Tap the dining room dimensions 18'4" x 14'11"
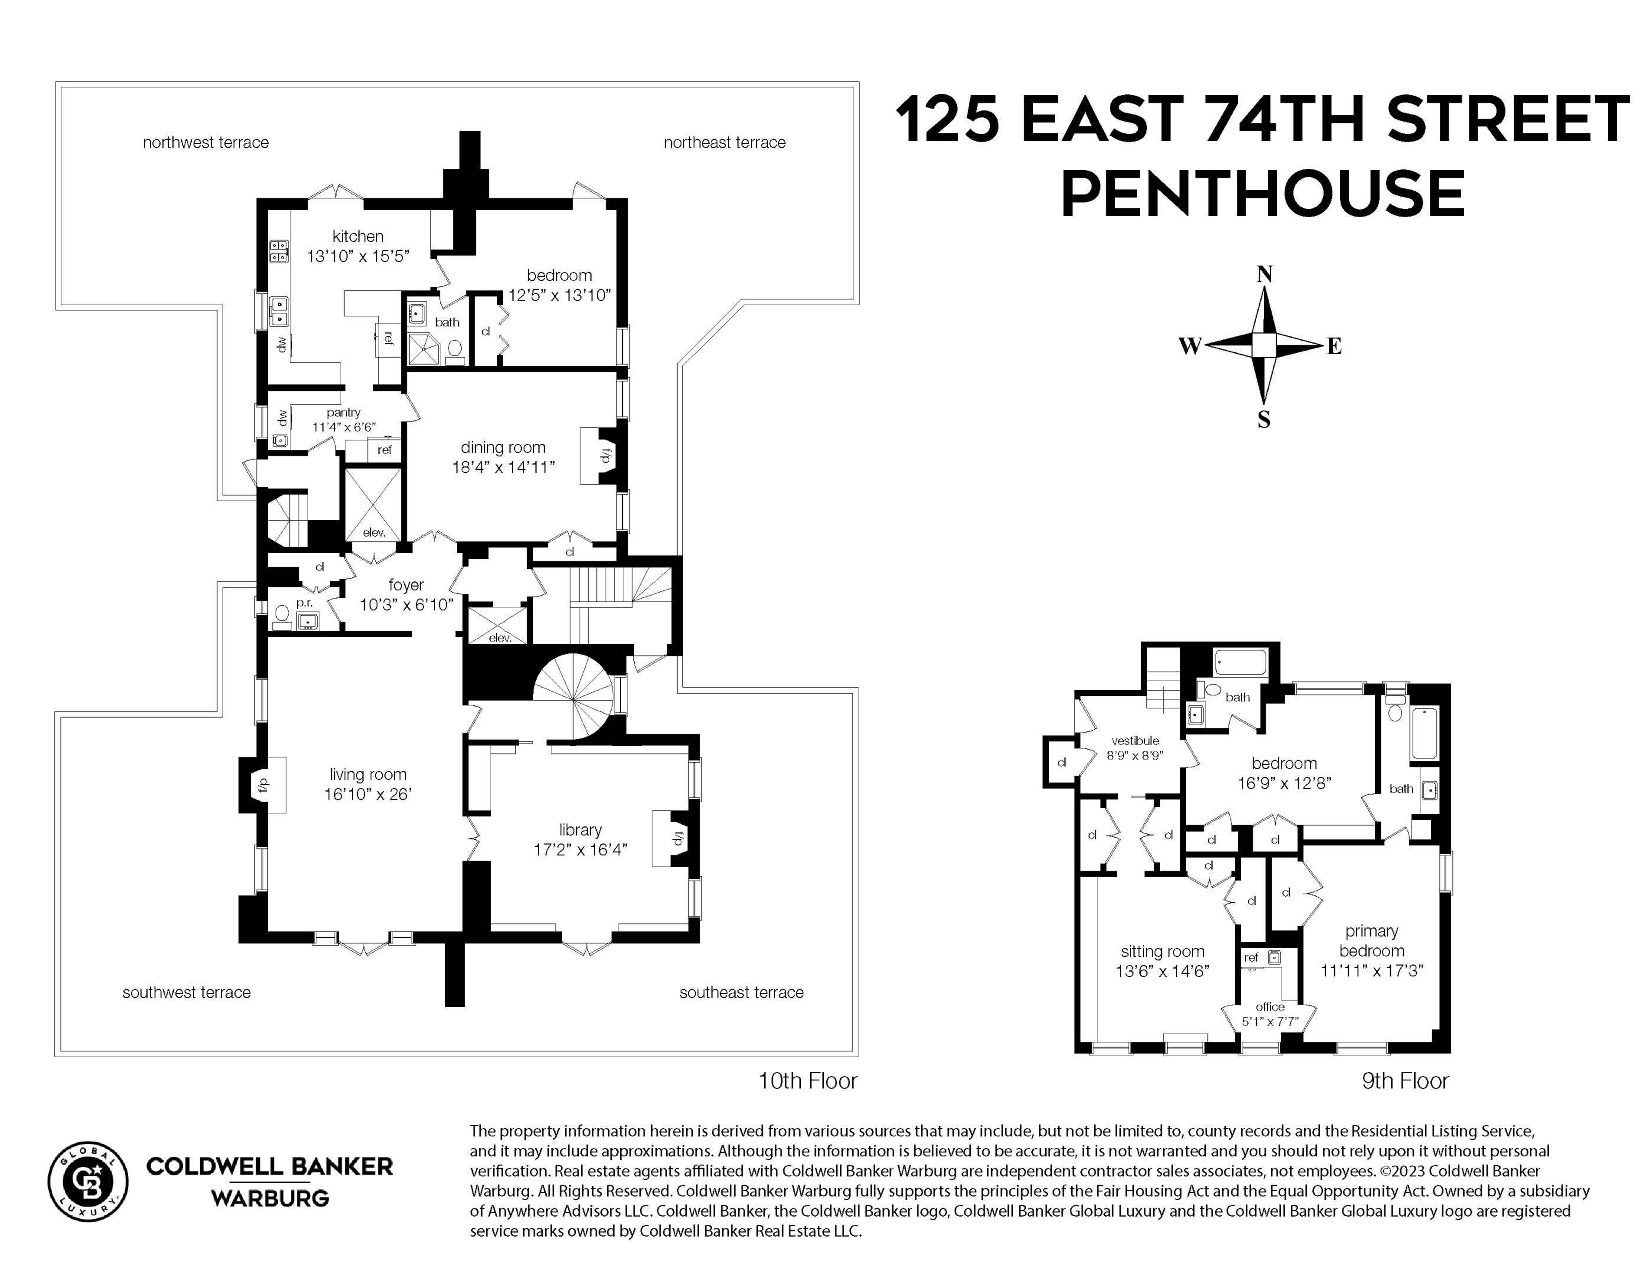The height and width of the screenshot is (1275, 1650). [x=503, y=467]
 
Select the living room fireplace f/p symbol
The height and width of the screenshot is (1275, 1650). [x=263, y=786]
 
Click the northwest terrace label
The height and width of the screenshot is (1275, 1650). [x=205, y=143]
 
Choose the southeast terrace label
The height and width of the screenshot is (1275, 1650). [x=740, y=992]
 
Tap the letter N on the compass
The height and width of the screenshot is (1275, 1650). [x=1264, y=274]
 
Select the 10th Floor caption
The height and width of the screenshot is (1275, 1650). [x=808, y=1081]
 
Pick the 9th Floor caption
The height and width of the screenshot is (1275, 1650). [x=1404, y=1081]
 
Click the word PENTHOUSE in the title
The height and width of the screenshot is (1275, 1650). [x=1262, y=194]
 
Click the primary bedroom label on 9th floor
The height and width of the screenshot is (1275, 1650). [x=1371, y=941]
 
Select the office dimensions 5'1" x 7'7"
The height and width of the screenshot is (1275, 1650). [x=1270, y=1022]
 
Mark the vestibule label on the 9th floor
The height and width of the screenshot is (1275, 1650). [x=1135, y=741]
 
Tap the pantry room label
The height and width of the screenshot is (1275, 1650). [x=344, y=413]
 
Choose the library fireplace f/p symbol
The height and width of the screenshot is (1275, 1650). [x=678, y=837]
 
